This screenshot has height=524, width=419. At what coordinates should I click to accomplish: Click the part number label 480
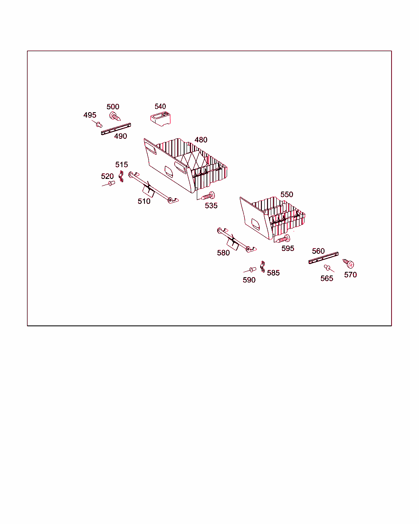pos(201,140)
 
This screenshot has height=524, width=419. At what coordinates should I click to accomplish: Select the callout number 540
pos(160,106)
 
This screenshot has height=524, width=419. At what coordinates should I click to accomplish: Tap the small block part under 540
pos(160,119)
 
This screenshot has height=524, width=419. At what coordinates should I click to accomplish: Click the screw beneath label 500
pos(115,116)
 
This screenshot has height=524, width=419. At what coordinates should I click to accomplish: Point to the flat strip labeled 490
pos(116,129)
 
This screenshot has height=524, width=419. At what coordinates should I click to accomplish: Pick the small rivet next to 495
pos(99,125)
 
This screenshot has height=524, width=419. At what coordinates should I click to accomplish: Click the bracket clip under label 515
pos(121,176)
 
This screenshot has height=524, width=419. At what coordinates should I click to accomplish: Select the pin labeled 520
pos(112,183)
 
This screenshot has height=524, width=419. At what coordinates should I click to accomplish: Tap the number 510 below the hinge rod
pos(144,201)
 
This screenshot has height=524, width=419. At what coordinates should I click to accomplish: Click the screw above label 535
pos(208,196)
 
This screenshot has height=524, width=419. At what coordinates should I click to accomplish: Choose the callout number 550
pos(286,194)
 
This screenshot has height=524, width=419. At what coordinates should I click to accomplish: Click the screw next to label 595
pos(283,239)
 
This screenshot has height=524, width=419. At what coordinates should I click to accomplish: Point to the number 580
pos(223,253)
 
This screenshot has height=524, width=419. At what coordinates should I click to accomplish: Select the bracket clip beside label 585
pos(262,267)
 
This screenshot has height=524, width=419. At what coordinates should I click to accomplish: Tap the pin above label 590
pos(253,269)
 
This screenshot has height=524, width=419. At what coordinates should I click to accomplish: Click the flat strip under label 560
pos(323,258)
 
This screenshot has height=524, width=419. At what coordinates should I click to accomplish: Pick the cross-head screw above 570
pos(348,264)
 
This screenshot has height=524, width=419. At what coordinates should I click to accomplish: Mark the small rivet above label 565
pos(327,268)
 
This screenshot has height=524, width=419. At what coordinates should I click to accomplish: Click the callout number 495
pos(90,115)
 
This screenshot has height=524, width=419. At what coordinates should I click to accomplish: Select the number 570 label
pos(350,275)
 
